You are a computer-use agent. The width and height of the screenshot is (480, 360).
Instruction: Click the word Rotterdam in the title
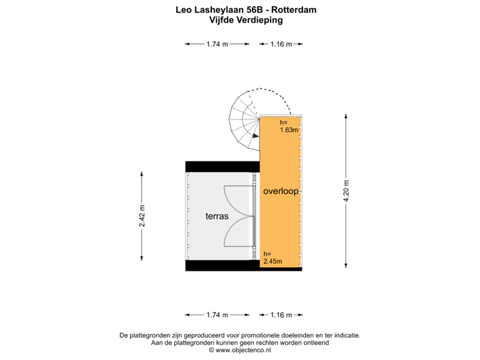(294, 10)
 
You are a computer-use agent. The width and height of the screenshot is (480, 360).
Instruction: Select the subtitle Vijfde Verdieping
(246, 20)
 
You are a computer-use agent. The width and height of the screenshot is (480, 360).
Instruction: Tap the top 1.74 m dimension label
(217, 44)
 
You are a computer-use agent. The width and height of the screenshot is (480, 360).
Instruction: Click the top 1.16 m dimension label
(281, 44)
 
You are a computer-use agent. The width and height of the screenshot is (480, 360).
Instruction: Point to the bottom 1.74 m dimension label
(217, 315)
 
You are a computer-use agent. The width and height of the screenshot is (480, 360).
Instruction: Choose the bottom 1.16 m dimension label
(281, 315)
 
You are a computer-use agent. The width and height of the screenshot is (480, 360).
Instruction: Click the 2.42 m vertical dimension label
(142, 216)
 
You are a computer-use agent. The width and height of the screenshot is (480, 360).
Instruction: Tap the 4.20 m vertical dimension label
(346, 191)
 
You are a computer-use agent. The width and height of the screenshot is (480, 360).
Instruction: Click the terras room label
(217, 216)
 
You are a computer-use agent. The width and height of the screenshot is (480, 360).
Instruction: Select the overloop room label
(281, 191)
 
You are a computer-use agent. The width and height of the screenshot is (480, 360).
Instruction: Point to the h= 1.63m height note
(289, 126)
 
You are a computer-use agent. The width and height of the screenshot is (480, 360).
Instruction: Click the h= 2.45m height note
(273, 258)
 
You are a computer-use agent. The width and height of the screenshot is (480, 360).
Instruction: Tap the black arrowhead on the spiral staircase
(255, 135)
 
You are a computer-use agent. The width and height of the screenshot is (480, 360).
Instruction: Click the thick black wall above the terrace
(223, 167)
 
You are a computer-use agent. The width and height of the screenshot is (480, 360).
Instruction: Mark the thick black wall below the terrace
(244, 266)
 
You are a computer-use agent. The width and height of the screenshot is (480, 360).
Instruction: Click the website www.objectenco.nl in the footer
(243, 350)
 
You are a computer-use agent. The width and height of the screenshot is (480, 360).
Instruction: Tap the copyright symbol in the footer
(211, 350)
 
